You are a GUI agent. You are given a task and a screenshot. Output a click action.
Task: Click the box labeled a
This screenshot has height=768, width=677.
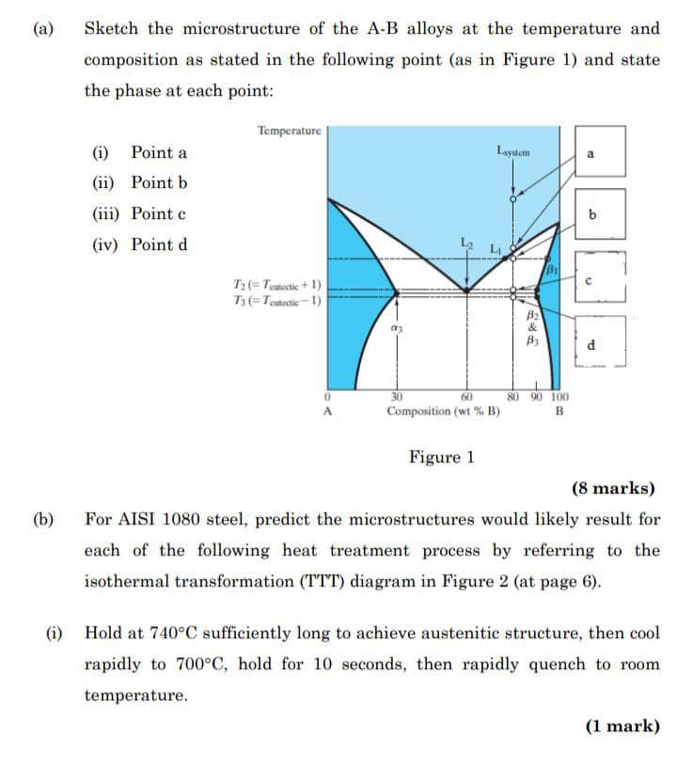click(x=599, y=151)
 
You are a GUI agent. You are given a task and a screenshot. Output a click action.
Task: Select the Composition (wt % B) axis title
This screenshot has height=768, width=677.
click(x=442, y=411)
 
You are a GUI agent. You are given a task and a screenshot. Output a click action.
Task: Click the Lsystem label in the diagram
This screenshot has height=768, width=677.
click(x=513, y=150)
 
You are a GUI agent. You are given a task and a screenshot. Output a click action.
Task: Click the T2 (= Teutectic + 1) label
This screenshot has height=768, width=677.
click(x=277, y=284)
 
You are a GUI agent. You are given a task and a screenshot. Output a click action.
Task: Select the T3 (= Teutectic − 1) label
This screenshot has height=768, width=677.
click(x=277, y=299)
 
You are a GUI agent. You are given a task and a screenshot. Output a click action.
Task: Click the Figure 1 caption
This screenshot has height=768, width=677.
click(x=441, y=458)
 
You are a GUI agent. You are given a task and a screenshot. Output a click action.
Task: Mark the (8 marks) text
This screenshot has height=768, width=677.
click(x=613, y=488)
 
